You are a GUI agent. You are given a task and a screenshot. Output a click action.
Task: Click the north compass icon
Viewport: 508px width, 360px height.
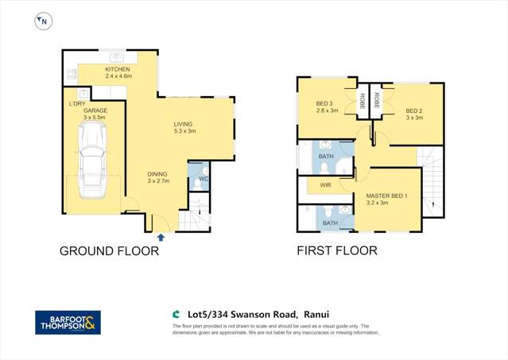41,22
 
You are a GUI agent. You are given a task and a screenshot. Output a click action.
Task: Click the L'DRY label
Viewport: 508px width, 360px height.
77,103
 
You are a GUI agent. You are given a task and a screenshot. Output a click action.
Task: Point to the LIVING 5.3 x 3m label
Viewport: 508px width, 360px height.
184,127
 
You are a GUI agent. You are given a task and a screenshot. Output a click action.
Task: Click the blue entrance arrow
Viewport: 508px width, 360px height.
162,237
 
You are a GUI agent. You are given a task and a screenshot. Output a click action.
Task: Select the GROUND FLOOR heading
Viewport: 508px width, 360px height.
110,251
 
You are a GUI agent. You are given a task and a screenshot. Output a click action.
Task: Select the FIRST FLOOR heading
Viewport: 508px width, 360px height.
337,251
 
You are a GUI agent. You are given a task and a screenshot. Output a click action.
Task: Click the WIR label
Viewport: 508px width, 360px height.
326,185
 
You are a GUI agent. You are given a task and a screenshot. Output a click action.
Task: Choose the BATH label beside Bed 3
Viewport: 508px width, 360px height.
326,157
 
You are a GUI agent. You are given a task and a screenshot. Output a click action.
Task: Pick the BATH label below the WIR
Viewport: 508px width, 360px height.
330,223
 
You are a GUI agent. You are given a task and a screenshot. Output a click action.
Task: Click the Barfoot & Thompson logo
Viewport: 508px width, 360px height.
68,323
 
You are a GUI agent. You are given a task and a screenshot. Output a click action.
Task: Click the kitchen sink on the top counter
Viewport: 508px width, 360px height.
116,57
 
